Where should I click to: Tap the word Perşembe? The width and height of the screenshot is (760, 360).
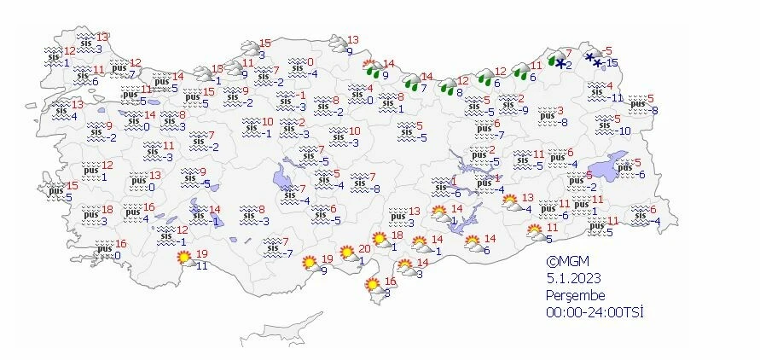click(x=574, y=295)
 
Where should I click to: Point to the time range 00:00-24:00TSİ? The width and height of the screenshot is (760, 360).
click(x=595, y=312)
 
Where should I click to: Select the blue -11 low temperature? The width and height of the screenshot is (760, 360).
click(x=618, y=97)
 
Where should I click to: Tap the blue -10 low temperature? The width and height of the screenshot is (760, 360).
click(x=624, y=131)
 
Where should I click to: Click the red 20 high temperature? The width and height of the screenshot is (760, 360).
click(x=364, y=248)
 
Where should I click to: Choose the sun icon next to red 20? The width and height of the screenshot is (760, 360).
click(x=347, y=253)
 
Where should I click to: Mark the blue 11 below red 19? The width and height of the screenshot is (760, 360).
click(x=202, y=265)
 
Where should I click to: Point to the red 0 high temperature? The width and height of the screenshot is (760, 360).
click(x=310, y=62)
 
